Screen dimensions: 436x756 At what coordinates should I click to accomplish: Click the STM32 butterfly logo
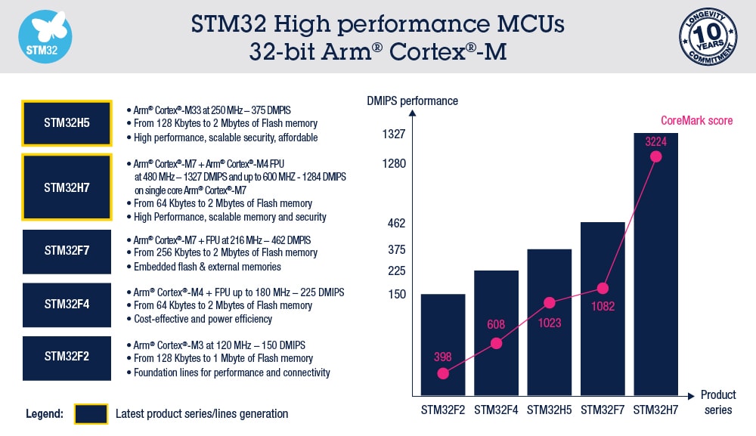pyautogui.click(x=45, y=36)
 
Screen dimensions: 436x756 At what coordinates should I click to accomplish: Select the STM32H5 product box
pyautogui.click(x=67, y=122)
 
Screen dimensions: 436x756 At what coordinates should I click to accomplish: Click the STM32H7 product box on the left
pyautogui.click(x=67, y=187)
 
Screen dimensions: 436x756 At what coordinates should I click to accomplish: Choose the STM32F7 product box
pyautogui.click(x=67, y=252)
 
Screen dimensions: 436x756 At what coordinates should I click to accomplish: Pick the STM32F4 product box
pyautogui.click(x=67, y=305)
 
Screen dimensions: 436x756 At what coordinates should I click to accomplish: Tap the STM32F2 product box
pyautogui.click(x=67, y=357)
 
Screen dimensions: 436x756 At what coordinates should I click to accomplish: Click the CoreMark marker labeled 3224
pyautogui.click(x=655, y=156)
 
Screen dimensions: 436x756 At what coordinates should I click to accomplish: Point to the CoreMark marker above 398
pyautogui.click(x=443, y=373)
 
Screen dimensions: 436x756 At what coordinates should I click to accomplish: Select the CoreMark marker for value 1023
pyautogui.click(x=550, y=302)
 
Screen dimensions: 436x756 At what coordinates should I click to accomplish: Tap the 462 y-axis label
pyautogui.click(x=397, y=224)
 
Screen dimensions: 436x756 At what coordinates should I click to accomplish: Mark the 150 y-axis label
pyautogui.click(x=397, y=294)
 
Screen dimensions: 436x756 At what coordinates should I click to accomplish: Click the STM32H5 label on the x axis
pyautogui.click(x=549, y=410)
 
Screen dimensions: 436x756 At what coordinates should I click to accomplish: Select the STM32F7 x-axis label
pyautogui.click(x=602, y=410)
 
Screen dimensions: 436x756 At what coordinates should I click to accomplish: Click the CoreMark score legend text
pyautogui.click(x=696, y=120)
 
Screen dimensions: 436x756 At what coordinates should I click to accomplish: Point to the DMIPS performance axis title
pyautogui.click(x=412, y=100)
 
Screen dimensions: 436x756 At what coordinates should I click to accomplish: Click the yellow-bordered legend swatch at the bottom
pyautogui.click(x=90, y=414)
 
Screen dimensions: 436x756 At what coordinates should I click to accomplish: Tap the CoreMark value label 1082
pyautogui.click(x=603, y=307)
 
